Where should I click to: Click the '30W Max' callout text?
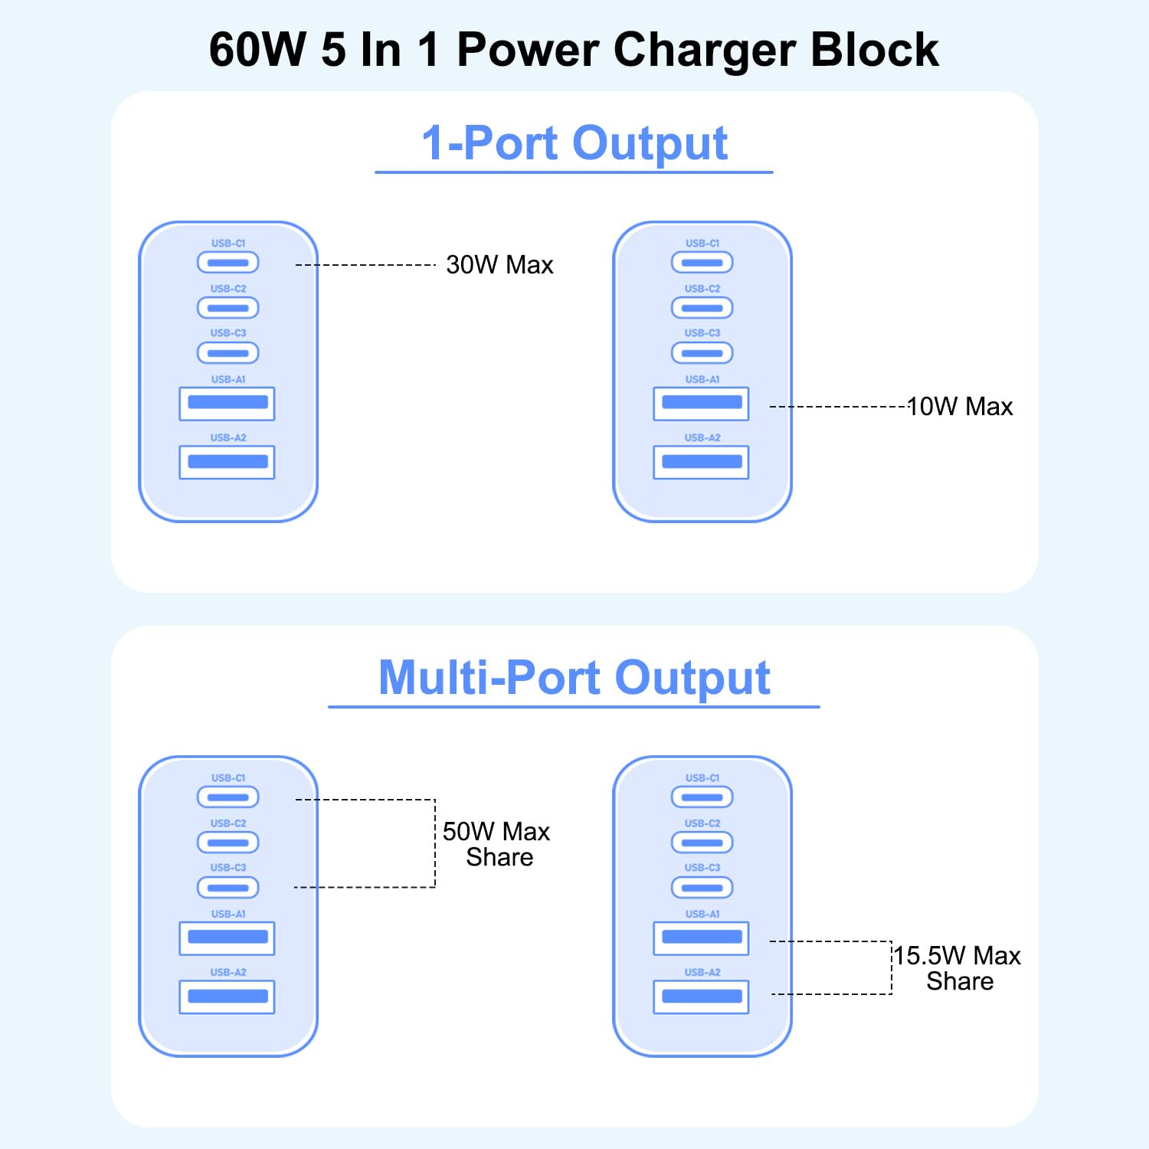click(x=499, y=265)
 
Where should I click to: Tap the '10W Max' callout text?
click(x=960, y=407)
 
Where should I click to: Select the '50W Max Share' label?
click(x=496, y=844)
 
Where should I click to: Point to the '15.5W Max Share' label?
click(x=958, y=968)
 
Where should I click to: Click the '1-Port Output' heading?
click(x=574, y=143)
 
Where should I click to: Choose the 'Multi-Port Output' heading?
click(x=574, y=678)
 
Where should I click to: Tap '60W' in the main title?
click(x=257, y=50)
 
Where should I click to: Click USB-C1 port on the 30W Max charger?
click(x=228, y=263)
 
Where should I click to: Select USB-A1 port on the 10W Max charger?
click(x=701, y=404)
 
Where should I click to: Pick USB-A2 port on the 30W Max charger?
click(x=227, y=462)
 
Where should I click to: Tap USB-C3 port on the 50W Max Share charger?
click(x=228, y=888)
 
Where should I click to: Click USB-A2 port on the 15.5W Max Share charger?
click(x=701, y=997)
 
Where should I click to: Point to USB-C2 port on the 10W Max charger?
click(x=702, y=308)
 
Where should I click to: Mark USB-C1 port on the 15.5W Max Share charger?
click(x=702, y=797)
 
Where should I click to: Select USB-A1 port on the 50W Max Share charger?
click(x=227, y=938)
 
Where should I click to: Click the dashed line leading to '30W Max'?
click(x=365, y=265)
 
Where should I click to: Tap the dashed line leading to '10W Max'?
click(x=838, y=407)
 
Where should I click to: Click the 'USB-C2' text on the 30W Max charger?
click(x=228, y=289)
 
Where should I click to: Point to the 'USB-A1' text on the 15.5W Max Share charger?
click(x=702, y=914)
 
